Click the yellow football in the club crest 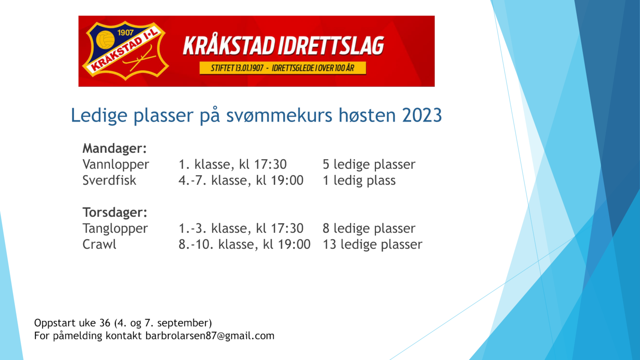pos(105,40)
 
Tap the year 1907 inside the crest pos(126,32)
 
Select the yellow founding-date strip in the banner pos(282,68)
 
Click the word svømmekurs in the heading pos(279,115)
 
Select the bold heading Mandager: pos(114,148)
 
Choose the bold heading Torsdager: pos(115,212)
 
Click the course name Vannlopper pos(116,165)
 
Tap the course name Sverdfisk pos(109,180)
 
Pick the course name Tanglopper pos(115,229)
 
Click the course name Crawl pos(99,244)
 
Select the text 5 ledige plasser pos(369,165)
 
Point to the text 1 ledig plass pos(359,181)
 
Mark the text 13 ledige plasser pos(372,245)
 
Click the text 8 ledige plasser pos(369,229)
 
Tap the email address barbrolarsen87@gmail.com pos(210,336)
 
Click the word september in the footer pos(183,323)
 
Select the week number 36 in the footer pos(105,323)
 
